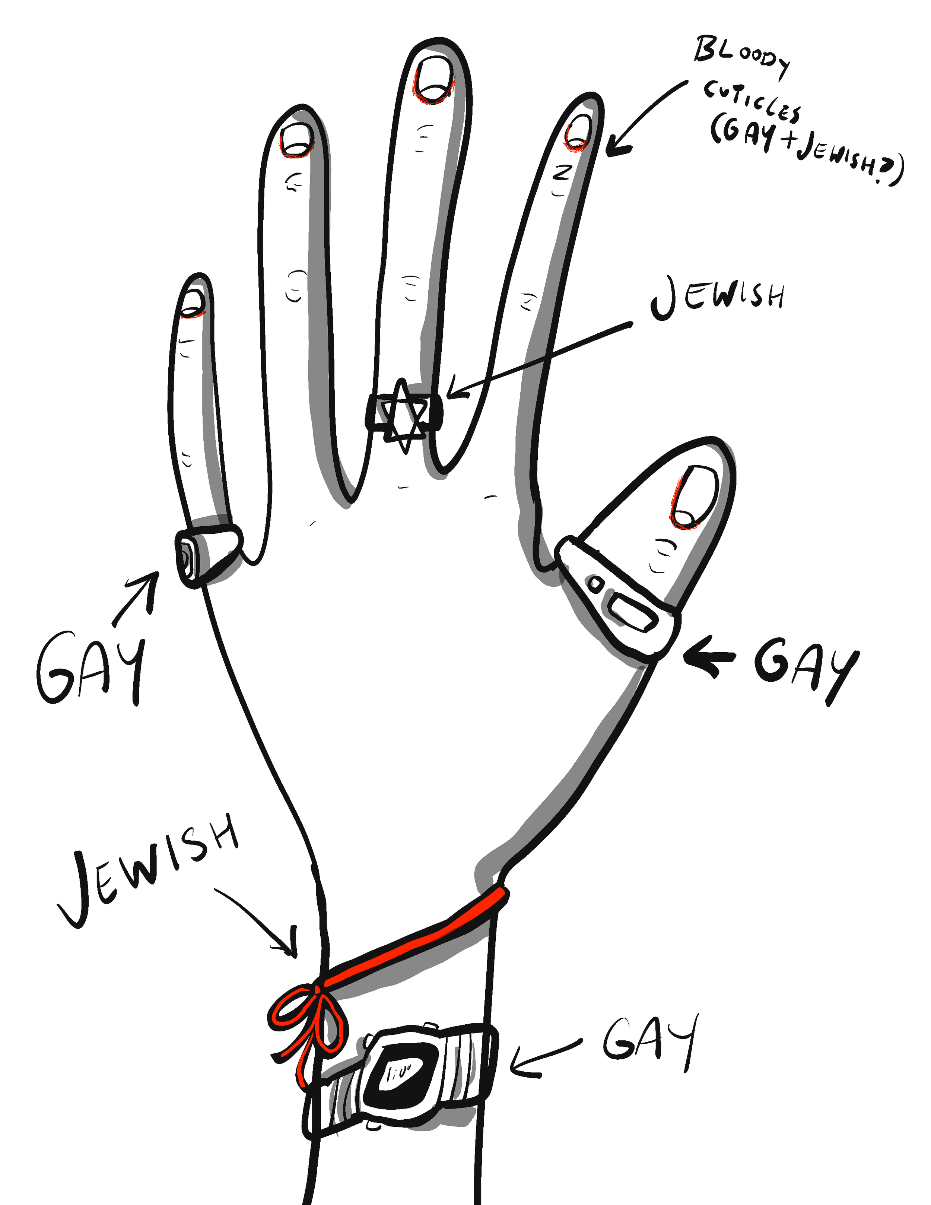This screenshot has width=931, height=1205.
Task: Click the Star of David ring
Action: [405, 413]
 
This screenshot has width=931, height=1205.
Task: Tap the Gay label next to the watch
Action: [651, 1040]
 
